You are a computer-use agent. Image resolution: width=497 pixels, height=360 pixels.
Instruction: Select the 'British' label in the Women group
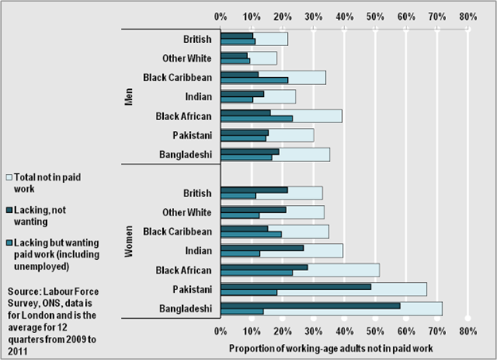point(196,193)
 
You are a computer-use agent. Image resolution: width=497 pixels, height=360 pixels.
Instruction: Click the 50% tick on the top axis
point(375,16)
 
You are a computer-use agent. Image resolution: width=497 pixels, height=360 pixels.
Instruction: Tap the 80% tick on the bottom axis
point(468,330)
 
